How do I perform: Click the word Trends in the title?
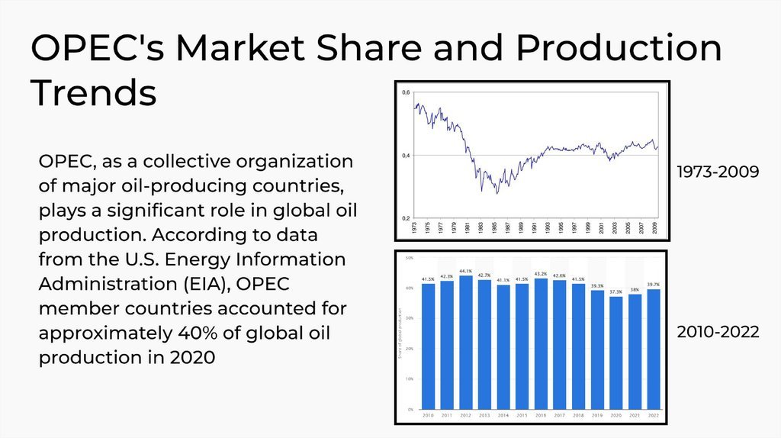point(94,92)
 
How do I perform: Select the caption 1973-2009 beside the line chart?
point(718,172)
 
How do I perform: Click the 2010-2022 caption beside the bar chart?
point(718,332)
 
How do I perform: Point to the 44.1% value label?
point(465,271)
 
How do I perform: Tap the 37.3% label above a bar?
point(615,291)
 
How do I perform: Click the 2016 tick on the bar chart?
point(540,415)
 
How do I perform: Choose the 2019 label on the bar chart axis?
point(596,415)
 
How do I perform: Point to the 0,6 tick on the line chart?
point(406,92)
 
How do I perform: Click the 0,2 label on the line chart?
point(406,218)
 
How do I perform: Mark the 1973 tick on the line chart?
point(414,227)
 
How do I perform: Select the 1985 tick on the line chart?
point(495,227)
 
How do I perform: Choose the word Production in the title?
point(618,48)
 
